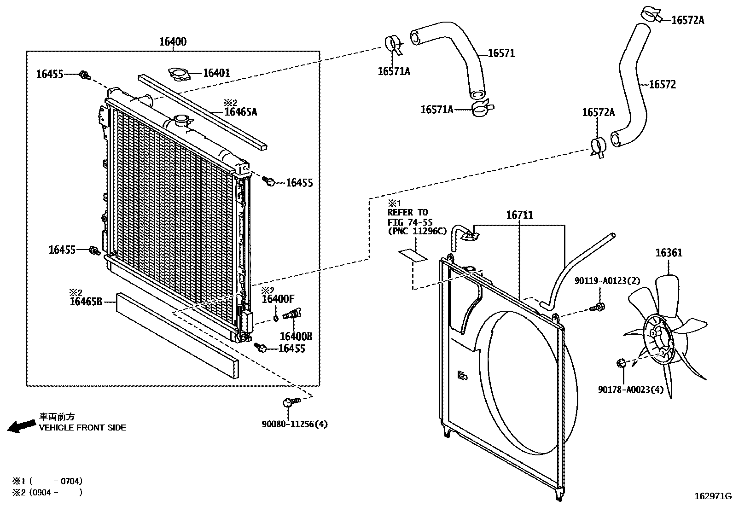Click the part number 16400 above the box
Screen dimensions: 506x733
tap(173, 42)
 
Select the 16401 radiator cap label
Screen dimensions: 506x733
tap(216, 73)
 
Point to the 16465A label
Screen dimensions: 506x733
tap(240, 111)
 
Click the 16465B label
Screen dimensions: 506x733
tap(86, 302)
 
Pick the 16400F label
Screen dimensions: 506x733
tap(278, 299)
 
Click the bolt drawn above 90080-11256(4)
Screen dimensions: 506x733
tap(290, 402)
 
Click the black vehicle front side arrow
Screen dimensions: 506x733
tap(21, 426)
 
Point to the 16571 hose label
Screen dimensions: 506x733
tap(501, 53)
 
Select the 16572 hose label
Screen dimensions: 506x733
tap(662, 85)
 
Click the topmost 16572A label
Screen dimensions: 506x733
tap(688, 20)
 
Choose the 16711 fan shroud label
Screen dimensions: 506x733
tap(519, 215)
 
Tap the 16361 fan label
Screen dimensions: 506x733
tap(669, 253)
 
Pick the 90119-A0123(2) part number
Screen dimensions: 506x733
tap(607, 280)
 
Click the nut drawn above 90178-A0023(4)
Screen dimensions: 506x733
tap(621, 364)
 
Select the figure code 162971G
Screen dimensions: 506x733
tap(713, 496)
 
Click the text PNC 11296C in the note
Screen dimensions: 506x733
tap(417, 231)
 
